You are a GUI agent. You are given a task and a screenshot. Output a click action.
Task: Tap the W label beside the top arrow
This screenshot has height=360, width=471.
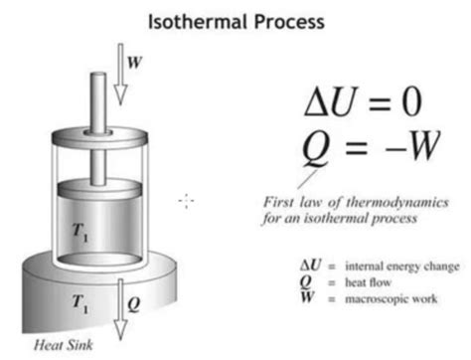(135, 60)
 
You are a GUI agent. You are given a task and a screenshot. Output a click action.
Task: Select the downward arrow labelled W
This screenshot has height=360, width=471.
(120, 75)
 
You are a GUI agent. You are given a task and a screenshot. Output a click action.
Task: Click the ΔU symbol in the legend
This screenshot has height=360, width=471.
(308, 267)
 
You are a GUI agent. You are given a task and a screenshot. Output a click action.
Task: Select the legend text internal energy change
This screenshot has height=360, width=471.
(399, 267)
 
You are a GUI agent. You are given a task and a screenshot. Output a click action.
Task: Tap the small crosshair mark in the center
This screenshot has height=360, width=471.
(186, 201)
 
